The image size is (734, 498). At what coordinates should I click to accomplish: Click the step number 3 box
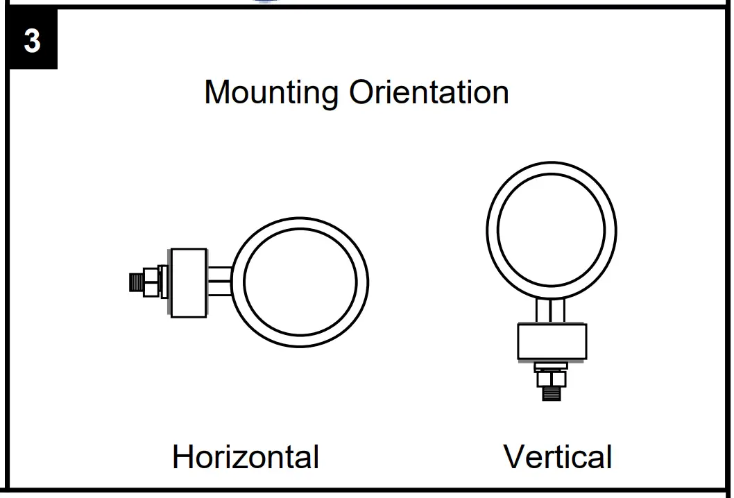coord(32,41)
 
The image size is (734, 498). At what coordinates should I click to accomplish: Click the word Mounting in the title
coord(271,92)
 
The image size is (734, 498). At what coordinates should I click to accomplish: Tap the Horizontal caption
coord(246,457)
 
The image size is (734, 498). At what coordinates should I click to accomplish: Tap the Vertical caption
coord(558,457)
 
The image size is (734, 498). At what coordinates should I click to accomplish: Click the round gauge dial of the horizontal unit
coord(300,282)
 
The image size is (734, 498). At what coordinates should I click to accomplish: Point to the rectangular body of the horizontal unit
coord(189,283)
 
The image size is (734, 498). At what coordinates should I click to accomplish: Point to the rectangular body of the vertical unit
coord(552,342)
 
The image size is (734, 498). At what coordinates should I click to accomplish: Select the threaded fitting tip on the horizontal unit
coord(136,282)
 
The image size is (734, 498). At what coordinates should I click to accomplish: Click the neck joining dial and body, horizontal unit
coord(219,282)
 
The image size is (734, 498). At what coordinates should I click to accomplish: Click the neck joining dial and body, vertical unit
coord(552,310)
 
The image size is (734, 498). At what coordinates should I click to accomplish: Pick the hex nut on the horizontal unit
coord(151,282)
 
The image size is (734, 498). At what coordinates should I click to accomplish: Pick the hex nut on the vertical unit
coord(552,379)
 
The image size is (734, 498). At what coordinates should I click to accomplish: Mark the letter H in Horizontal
coord(182,457)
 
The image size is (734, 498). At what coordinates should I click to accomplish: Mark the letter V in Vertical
coord(515,457)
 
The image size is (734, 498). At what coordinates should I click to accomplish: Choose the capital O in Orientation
coord(363,92)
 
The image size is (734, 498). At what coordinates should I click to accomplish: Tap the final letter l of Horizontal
coord(316,457)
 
